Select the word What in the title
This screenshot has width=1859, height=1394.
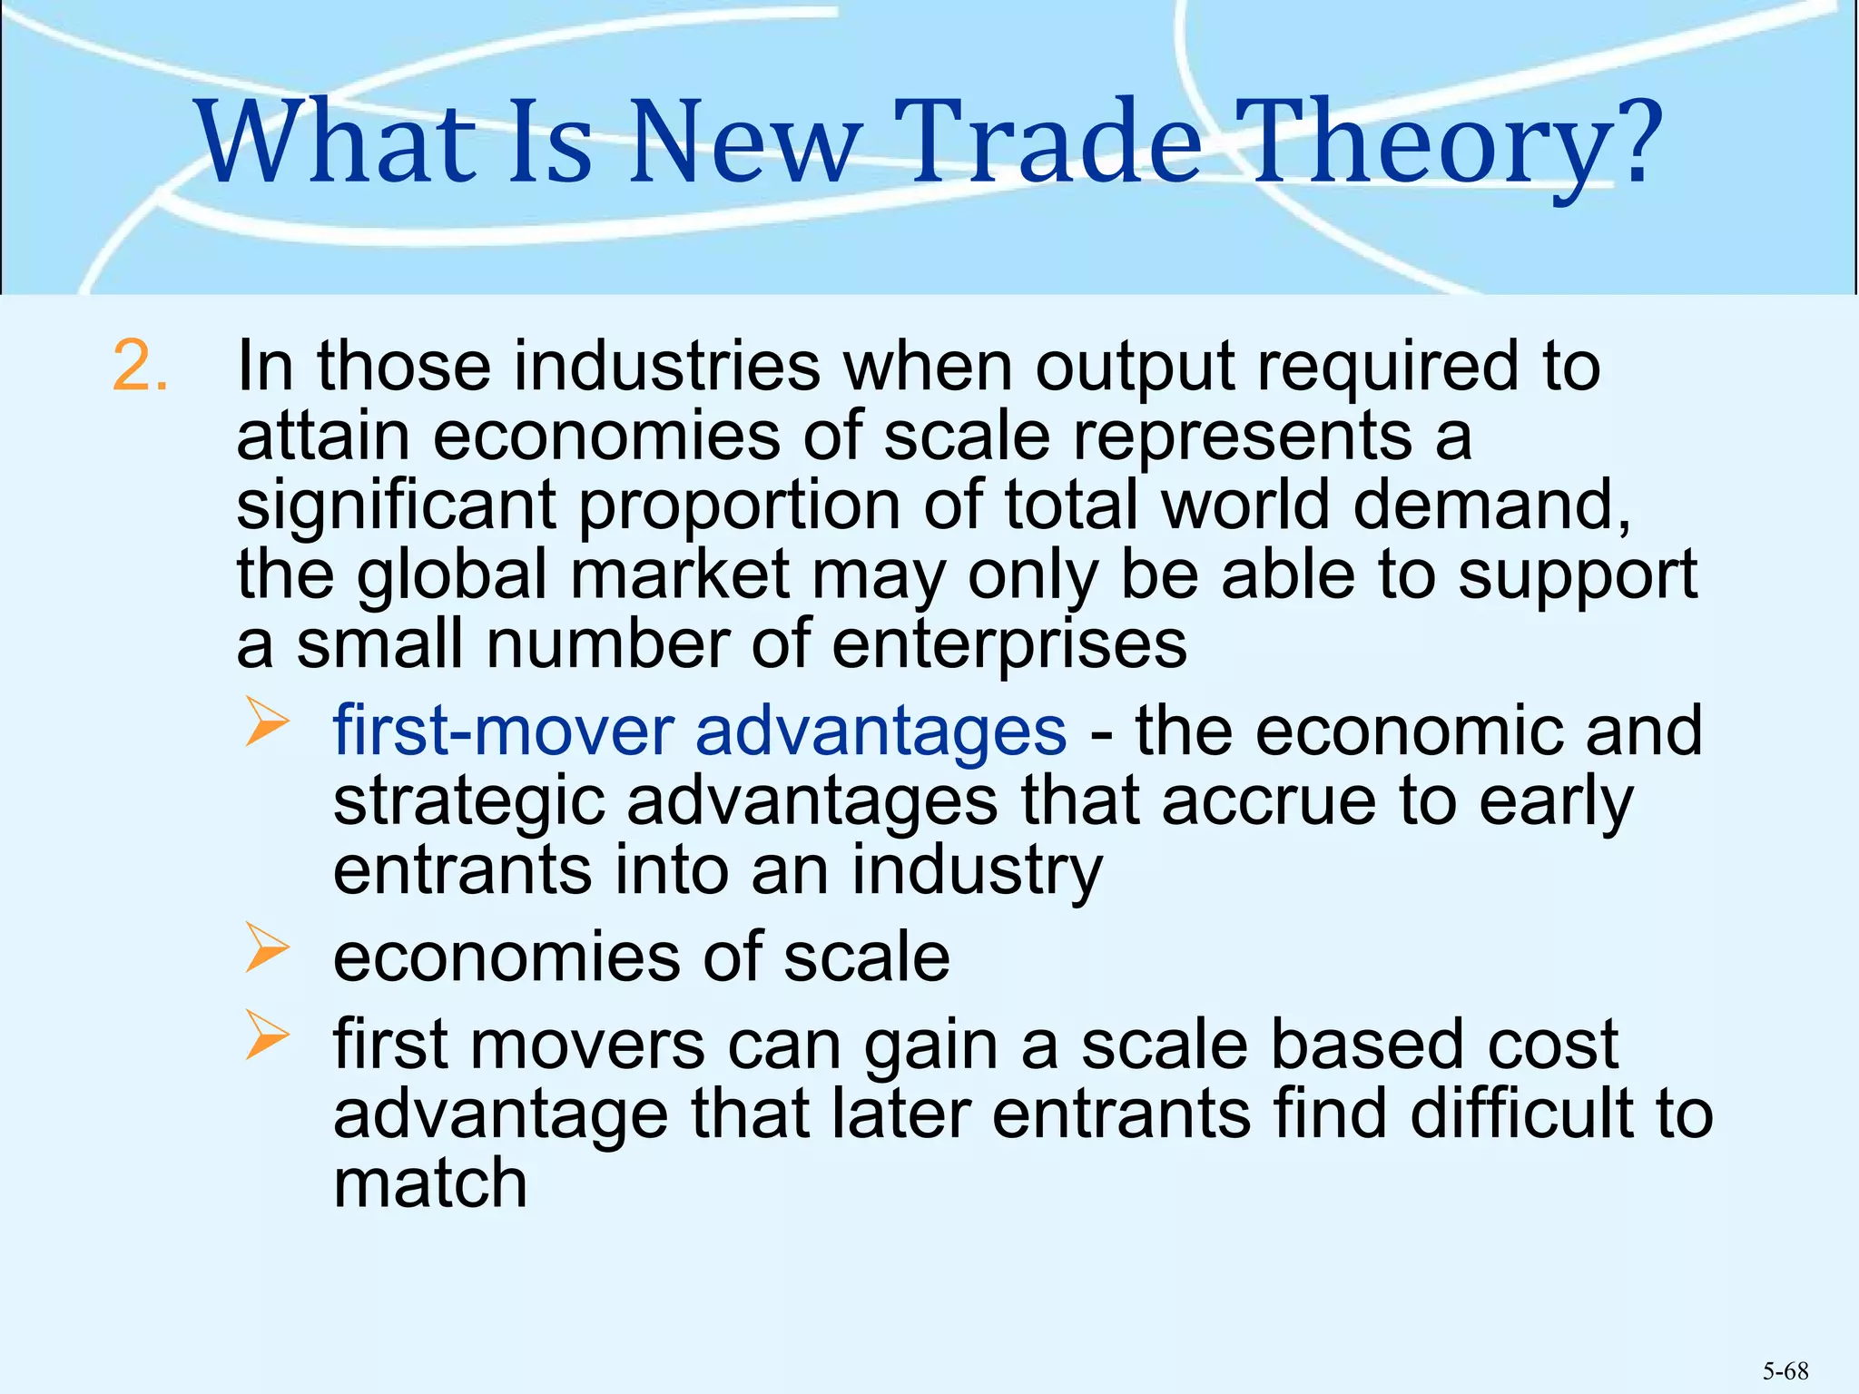[336, 141]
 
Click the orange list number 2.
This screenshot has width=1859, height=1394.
[141, 367]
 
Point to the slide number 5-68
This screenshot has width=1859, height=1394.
[1785, 1371]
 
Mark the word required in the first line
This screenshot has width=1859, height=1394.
[1387, 367]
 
